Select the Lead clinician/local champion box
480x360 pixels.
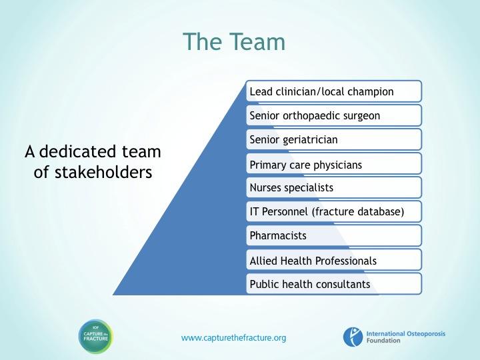334,91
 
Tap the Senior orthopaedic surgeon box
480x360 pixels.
334,115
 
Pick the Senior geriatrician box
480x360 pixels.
334,139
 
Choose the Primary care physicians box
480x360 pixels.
334,164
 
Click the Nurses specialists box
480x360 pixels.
334,187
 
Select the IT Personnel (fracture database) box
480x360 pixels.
334,211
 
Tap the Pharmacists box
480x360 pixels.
334,236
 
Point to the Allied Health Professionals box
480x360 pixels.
334,260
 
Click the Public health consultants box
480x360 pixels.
334,284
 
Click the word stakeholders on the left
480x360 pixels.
103,172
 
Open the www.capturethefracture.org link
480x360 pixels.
233,338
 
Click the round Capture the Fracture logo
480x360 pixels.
96,337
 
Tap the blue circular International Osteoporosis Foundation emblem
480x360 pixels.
353,337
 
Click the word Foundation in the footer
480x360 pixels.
383,341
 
